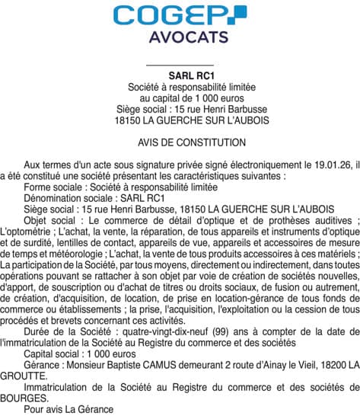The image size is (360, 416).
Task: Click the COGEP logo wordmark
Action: [x=180, y=15]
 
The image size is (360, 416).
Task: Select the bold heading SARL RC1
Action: [x=180, y=75]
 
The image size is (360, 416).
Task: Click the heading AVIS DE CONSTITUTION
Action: [x=180, y=142]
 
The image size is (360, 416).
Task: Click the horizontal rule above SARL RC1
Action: [x=180, y=65]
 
